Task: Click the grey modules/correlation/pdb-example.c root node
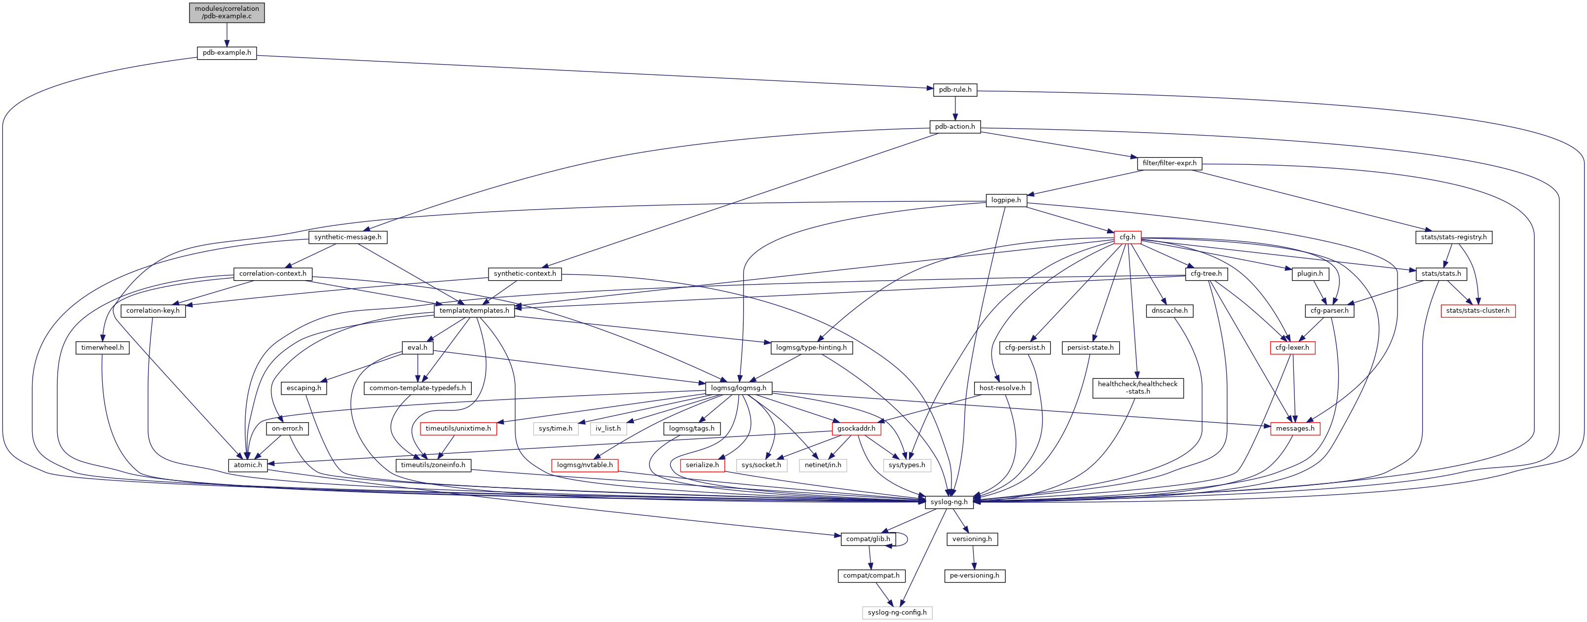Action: tap(227, 12)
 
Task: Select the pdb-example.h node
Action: tap(227, 53)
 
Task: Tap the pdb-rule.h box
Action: tap(955, 90)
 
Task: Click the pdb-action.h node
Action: tap(955, 127)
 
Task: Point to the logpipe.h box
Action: tap(1005, 200)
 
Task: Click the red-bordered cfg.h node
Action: tap(1128, 237)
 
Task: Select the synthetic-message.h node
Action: tap(347, 237)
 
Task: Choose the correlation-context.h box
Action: tap(272, 273)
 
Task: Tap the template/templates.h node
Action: tap(474, 310)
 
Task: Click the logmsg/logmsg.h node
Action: tap(738, 388)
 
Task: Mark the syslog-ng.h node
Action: tap(949, 502)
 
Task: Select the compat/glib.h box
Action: tap(868, 539)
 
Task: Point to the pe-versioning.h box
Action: tap(975, 576)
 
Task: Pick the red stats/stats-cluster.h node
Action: tap(1477, 310)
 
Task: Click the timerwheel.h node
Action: tap(102, 347)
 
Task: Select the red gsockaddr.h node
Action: tap(856, 429)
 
